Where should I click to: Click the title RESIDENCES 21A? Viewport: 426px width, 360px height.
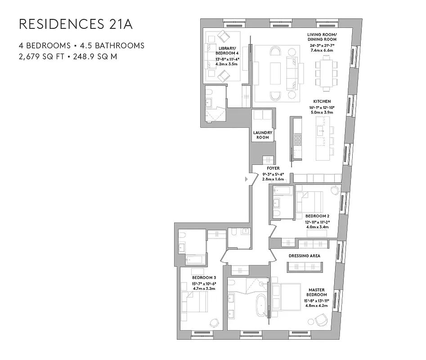pyautogui.click(x=76, y=24)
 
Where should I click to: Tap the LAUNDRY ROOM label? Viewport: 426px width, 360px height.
pyautogui.click(x=263, y=135)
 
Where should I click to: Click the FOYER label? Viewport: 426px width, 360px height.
pyautogui.click(x=273, y=168)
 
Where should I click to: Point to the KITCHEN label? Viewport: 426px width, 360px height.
pyautogui.click(x=322, y=102)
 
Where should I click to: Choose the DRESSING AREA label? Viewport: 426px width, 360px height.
pyautogui.click(x=305, y=256)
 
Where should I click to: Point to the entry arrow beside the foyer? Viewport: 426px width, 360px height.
pyautogui.click(x=246, y=179)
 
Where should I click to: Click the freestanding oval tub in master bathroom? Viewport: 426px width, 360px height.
pyautogui.click(x=260, y=306)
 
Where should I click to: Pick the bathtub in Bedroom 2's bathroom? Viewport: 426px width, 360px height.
pyautogui.click(x=282, y=191)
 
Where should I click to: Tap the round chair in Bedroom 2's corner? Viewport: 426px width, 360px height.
pyautogui.click(x=334, y=190)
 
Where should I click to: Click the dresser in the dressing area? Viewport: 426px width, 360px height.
pyautogui.click(x=305, y=266)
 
